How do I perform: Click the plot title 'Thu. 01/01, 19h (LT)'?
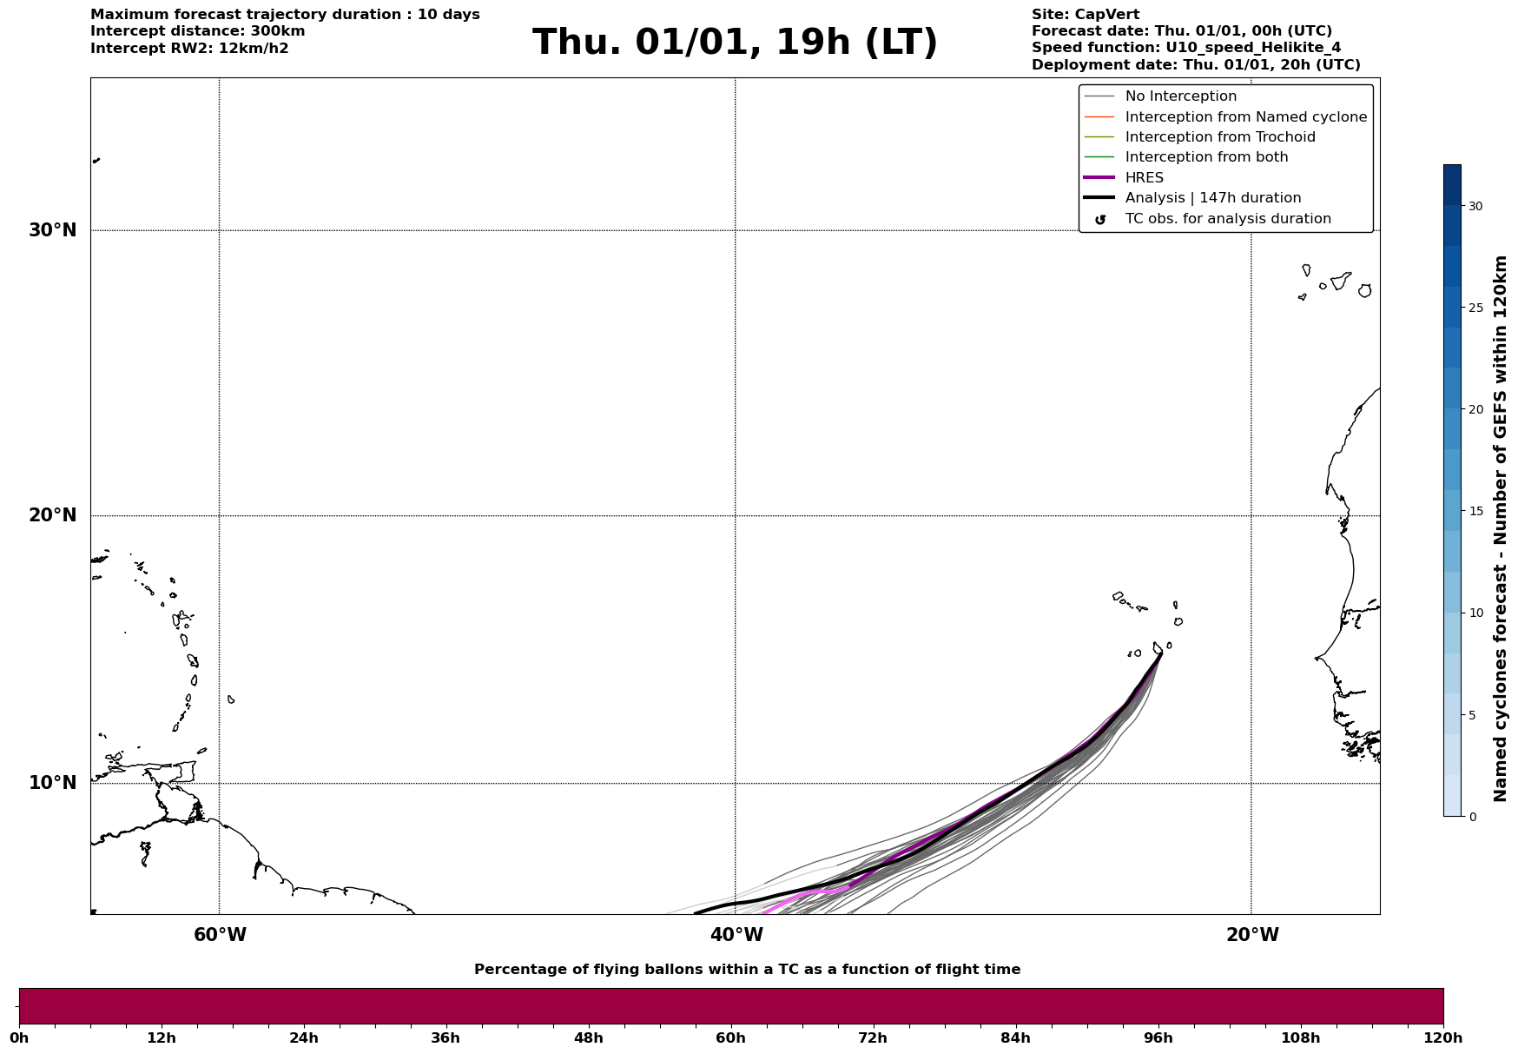coord(735,43)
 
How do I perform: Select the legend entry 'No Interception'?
coord(1180,96)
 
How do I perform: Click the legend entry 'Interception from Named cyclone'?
coord(1245,117)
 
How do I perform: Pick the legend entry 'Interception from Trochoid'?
coord(1219,137)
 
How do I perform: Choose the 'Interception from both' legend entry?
coord(1206,157)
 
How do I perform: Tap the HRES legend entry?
coord(1144,178)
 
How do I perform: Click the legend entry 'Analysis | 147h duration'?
coord(1212,198)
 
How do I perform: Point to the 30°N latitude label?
coord(53,230)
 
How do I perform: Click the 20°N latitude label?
coord(53,515)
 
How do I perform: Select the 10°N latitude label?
coord(53,783)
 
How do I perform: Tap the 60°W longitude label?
coord(220,935)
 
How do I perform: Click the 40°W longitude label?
coord(736,935)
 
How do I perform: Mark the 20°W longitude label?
coord(1252,935)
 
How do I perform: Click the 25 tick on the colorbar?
coord(1475,308)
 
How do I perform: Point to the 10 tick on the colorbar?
coord(1475,613)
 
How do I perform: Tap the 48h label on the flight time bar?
coord(588,1037)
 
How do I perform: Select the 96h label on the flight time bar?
coord(1158,1037)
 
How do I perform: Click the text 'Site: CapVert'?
coord(1085,15)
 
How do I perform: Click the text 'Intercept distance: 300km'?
coord(197,31)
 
